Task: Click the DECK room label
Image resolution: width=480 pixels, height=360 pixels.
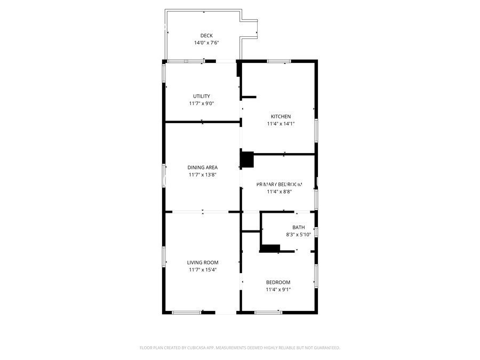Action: pos(206,36)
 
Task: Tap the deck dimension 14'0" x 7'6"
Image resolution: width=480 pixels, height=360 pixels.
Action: pos(206,43)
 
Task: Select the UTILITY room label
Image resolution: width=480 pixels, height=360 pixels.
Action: pos(202,97)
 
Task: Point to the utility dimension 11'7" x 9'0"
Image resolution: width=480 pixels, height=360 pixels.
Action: pos(202,103)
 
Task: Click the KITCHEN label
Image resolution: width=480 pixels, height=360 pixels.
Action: pos(281,116)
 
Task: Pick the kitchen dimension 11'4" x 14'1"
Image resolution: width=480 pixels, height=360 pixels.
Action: pos(281,124)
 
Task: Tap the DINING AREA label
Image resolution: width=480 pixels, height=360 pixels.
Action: pos(202,167)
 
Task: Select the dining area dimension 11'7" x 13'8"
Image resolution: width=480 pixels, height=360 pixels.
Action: pos(202,174)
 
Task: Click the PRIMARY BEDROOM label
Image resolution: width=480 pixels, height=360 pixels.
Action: pos(279,185)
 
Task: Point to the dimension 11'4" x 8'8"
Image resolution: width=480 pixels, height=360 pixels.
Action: pos(279,191)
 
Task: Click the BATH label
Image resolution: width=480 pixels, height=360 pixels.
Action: pos(298,227)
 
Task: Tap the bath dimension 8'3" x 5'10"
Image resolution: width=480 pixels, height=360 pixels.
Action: pos(298,234)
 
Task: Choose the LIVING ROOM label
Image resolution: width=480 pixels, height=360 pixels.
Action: pos(203,262)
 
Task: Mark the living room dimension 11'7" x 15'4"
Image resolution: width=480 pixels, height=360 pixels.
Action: pos(203,270)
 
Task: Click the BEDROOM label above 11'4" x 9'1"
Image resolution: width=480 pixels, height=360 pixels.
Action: pos(278,282)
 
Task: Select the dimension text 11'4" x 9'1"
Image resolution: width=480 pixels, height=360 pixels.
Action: pos(278,290)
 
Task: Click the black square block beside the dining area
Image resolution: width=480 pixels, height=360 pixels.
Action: pos(247,160)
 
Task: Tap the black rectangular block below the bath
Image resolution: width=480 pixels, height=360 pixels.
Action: pos(270,248)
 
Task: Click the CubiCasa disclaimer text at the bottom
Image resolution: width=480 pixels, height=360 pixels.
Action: pos(239,348)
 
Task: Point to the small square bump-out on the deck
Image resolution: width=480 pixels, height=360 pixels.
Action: pos(250,28)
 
